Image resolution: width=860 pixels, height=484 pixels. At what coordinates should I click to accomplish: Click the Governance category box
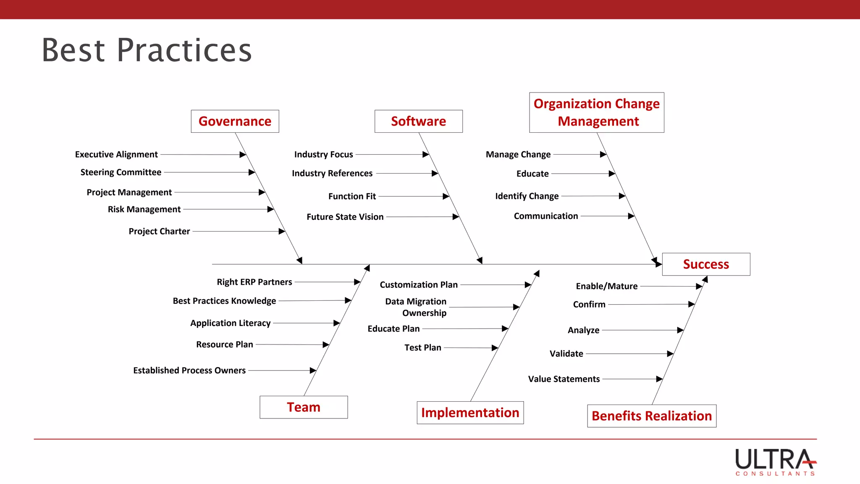235,121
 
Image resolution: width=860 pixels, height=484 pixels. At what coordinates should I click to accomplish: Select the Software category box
418,121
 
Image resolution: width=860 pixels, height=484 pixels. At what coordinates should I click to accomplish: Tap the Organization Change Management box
596,113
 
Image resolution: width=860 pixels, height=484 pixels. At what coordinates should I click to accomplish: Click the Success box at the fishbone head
706,264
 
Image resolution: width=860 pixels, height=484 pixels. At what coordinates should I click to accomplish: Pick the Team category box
304,407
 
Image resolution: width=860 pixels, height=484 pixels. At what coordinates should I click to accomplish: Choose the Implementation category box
470,413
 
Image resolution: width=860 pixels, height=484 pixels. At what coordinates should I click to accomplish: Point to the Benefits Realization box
652,416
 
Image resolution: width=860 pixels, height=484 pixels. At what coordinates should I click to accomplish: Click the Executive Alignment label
116,155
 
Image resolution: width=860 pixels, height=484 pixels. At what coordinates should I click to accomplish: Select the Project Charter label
159,231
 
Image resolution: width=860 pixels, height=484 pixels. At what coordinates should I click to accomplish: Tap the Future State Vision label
345,217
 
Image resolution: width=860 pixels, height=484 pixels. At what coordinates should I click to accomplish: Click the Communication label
546,216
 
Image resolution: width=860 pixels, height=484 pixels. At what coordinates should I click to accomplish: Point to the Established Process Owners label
189,371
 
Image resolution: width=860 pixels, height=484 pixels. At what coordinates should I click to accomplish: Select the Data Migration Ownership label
416,307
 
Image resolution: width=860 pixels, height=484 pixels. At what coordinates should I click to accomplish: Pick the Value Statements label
564,379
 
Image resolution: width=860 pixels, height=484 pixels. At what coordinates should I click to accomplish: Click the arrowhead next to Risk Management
271,209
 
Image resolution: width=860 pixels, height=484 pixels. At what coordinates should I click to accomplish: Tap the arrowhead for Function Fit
446,196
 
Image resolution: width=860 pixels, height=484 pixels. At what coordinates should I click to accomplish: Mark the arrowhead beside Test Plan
495,348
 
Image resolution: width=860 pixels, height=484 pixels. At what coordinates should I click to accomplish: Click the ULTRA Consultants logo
775,462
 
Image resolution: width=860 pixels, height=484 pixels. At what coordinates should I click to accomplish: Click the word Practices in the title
184,50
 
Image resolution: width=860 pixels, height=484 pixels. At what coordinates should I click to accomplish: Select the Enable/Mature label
606,286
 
